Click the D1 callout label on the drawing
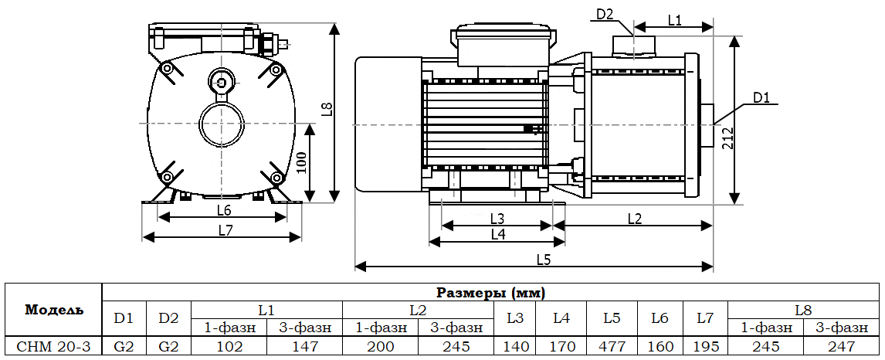pyautogui.click(x=762, y=97)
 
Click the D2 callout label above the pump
pyautogui.click(x=605, y=13)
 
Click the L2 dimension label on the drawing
pyautogui.click(x=634, y=218)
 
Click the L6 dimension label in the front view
pyautogui.click(x=224, y=210)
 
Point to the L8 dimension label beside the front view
pyautogui.click(x=327, y=109)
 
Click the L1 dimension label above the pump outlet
pyautogui.click(x=674, y=20)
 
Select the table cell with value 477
pyautogui.click(x=612, y=347)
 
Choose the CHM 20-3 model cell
pyautogui.click(x=53, y=347)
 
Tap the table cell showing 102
pyautogui.click(x=229, y=347)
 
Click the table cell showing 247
pyautogui.click(x=842, y=347)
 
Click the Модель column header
pyautogui.click(x=53, y=311)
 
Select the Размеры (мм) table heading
pyautogui.click(x=491, y=293)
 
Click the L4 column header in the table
pyautogui.click(x=561, y=318)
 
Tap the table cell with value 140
pyautogui.click(x=515, y=347)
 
